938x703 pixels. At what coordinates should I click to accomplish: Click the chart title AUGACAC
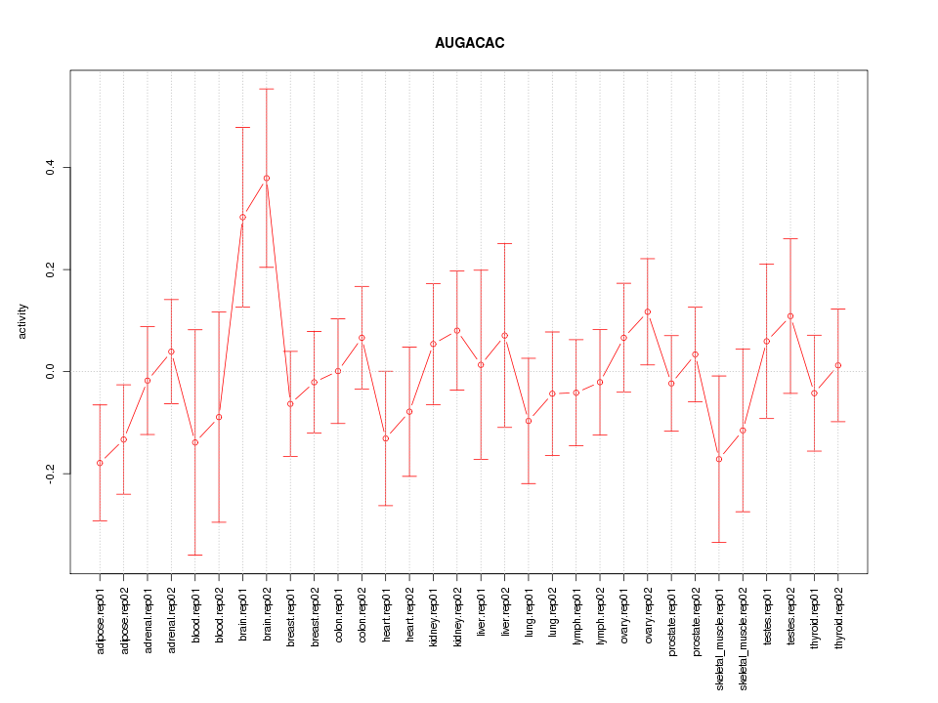(469, 44)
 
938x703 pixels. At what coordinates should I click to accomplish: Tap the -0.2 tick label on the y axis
(50, 474)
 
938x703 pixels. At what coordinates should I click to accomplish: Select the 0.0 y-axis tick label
(50, 371)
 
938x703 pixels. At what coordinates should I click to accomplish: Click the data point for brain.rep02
(266, 178)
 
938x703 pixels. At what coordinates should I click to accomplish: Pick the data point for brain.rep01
(242, 217)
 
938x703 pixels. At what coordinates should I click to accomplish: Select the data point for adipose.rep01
(100, 463)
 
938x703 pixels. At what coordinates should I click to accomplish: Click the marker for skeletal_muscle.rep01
(719, 459)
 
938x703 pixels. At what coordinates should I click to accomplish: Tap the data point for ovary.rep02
(648, 311)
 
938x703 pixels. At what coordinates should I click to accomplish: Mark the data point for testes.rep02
(790, 316)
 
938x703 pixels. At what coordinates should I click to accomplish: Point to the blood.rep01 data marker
(195, 442)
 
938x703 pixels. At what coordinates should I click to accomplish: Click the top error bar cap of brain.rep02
(266, 89)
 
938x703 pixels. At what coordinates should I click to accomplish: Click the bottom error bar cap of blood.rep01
(195, 555)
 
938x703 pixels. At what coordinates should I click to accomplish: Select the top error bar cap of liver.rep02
(505, 243)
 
